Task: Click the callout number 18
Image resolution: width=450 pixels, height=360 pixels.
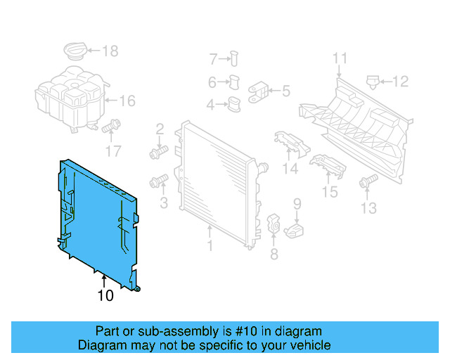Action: (x=110, y=51)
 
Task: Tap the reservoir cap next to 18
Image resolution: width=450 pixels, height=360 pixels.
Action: (x=75, y=51)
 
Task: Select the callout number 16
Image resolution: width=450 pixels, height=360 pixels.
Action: (x=127, y=101)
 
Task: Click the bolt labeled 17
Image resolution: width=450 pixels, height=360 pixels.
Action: (x=111, y=127)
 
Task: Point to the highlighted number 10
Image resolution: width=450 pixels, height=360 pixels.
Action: (x=105, y=295)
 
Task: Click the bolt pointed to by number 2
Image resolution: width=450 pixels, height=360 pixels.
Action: (x=159, y=152)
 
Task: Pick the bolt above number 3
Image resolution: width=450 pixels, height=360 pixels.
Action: (x=159, y=181)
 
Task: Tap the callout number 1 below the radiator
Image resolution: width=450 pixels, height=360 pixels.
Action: (x=210, y=245)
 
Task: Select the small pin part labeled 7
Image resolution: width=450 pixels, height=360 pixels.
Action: (x=234, y=58)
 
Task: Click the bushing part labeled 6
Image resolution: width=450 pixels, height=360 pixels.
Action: (x=234, y=82)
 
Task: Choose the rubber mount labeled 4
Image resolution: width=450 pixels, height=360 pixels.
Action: (x=234, y=104)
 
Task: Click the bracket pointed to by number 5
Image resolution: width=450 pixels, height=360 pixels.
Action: (x=258, y=92)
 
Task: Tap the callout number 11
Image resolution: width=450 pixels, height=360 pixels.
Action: (x=340, y=58)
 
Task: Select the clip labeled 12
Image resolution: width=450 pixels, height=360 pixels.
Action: (x=373, y=82)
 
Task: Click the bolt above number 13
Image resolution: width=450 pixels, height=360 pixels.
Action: (x=368, y=181)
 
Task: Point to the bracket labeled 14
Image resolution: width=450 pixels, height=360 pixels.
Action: (x=292, y=144)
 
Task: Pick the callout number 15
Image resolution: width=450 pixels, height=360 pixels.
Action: (x=330, y=192)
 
